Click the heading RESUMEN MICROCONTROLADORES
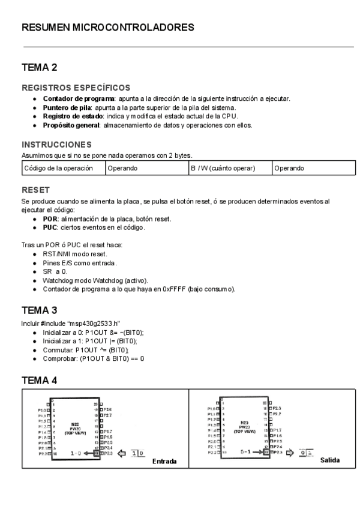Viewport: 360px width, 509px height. [108, 28]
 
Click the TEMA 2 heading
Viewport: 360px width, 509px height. [40, 67]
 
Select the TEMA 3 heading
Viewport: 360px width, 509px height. [40, 310]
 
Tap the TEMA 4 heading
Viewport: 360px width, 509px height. [40, 381]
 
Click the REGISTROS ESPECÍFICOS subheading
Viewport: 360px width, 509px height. [76, 88]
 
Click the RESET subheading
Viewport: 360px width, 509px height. [35, 190]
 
